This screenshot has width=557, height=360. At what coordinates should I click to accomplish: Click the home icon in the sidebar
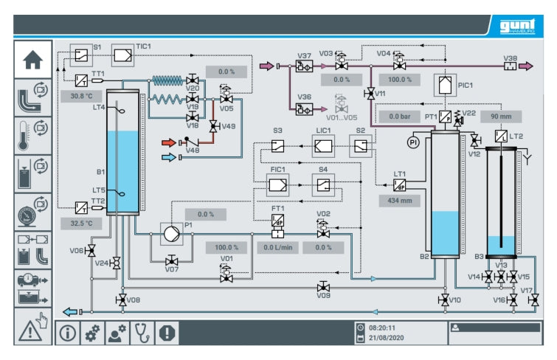[x=33, y=61]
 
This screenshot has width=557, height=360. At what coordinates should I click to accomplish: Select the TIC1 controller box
[x=122, y=55]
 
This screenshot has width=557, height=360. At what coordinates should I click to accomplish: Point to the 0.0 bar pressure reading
[x=399, y=116]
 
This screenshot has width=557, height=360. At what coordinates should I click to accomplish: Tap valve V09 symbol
[x=323, y=286]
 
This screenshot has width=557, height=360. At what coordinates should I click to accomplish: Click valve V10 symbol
[x=444, y=300]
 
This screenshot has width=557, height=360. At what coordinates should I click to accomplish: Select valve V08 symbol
[x=121, y=300]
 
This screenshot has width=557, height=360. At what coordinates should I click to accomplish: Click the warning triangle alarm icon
[x=33, y=328]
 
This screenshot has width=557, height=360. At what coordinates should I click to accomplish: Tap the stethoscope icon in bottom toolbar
[x=142, y=333]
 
